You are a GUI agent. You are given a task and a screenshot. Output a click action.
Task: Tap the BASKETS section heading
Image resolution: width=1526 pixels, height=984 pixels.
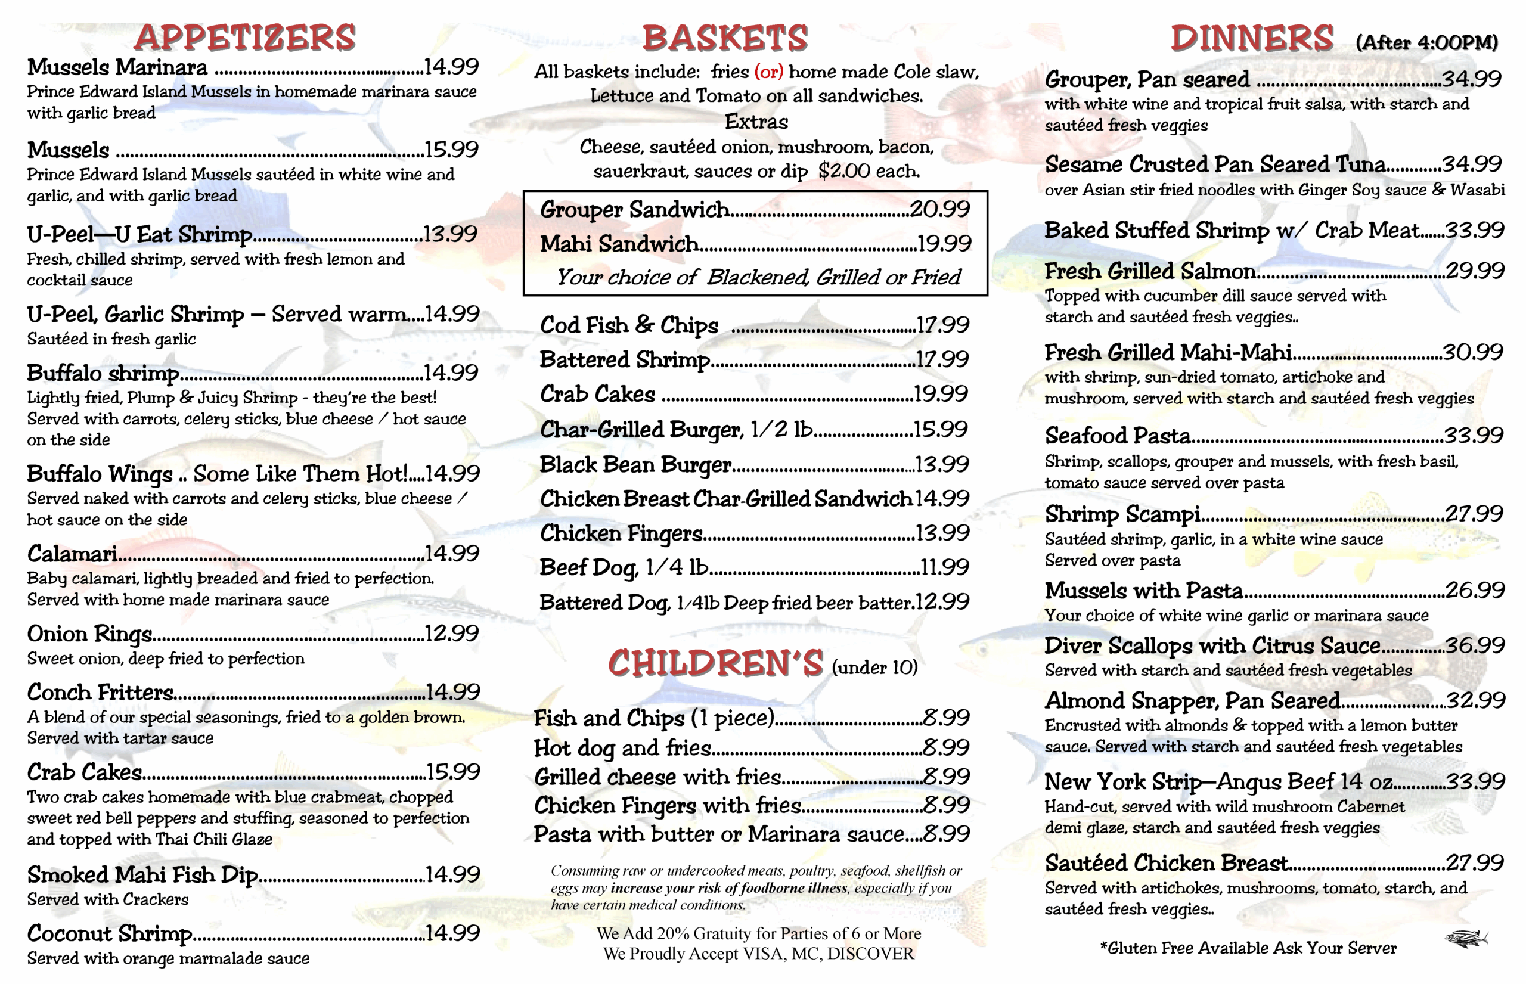click(725, 38)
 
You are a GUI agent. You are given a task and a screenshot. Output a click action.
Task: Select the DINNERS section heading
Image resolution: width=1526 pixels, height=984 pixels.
click(1252, 38)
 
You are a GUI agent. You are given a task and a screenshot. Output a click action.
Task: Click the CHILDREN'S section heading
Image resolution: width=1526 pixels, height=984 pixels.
click(716, 663)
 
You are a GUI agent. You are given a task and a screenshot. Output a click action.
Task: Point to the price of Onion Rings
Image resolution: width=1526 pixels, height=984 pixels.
click(452, 633)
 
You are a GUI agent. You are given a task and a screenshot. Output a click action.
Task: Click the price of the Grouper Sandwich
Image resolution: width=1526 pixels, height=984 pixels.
click(939, 209)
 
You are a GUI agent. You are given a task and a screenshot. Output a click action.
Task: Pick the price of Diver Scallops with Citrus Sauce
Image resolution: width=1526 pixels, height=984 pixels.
click(1474, 645)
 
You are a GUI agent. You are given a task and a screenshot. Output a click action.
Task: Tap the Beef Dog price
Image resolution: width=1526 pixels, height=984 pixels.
click(944, 567)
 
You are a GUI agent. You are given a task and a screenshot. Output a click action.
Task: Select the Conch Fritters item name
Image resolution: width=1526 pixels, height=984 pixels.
click(100, 693)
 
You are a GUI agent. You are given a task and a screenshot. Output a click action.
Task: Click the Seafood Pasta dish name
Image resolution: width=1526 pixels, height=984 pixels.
click(1118, 436)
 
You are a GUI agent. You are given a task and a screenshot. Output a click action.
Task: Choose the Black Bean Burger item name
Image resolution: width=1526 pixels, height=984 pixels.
click(635, 464)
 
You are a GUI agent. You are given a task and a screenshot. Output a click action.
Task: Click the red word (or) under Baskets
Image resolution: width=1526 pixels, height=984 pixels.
click(769, 72)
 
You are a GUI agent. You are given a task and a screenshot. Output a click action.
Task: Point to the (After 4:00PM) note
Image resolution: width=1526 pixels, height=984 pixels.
click(1426, 43)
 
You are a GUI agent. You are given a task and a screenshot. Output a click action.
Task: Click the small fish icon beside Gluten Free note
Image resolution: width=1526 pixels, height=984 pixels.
click(1466, 939)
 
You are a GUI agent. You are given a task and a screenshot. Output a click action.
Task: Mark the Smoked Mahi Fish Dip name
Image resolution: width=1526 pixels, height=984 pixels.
click(142, 875)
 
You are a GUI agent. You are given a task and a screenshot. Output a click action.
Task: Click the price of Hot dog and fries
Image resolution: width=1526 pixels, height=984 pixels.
click(947, 747)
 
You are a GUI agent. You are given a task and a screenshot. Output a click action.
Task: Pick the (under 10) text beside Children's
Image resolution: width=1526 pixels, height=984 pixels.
click(874, 668)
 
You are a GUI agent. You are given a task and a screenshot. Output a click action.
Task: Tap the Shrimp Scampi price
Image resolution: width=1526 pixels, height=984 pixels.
click(1474, 514)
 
